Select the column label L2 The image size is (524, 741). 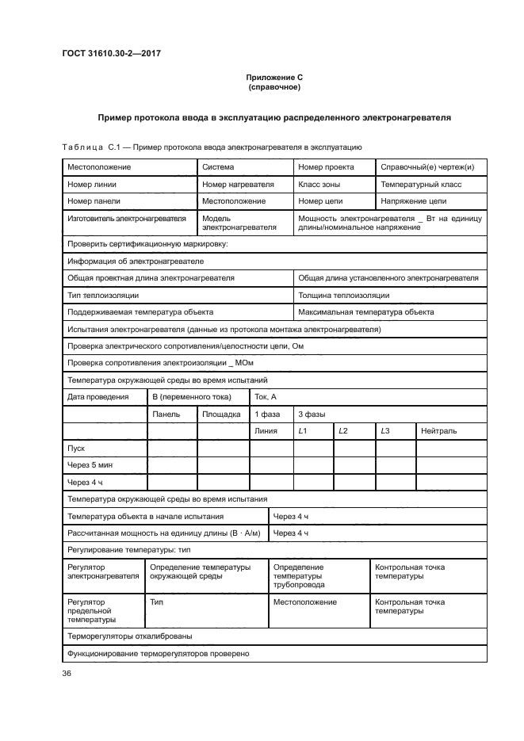click(343, 430)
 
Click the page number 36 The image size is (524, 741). click(67, 673)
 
